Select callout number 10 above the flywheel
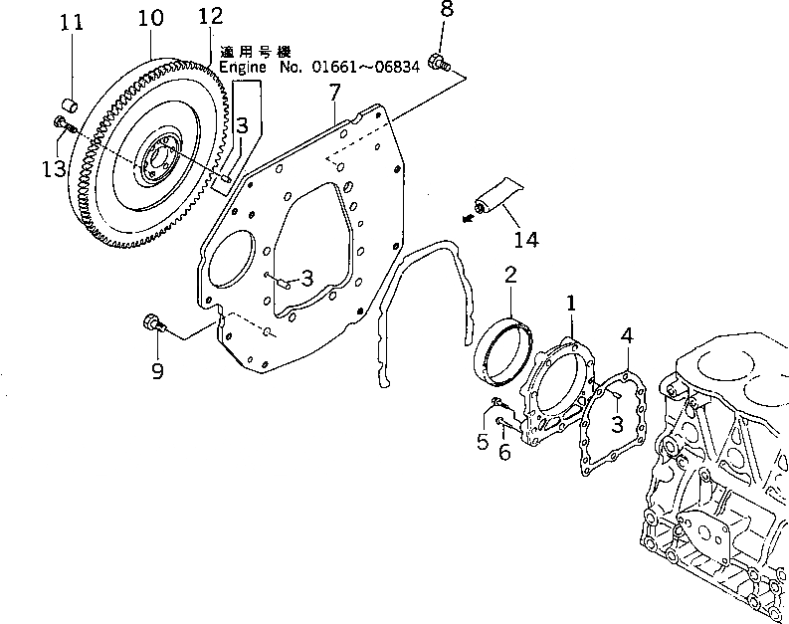pos(150,18)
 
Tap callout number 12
pos(210,16)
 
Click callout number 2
pos(508,274)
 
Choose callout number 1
pos(572,301)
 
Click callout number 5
pos(483,441)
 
